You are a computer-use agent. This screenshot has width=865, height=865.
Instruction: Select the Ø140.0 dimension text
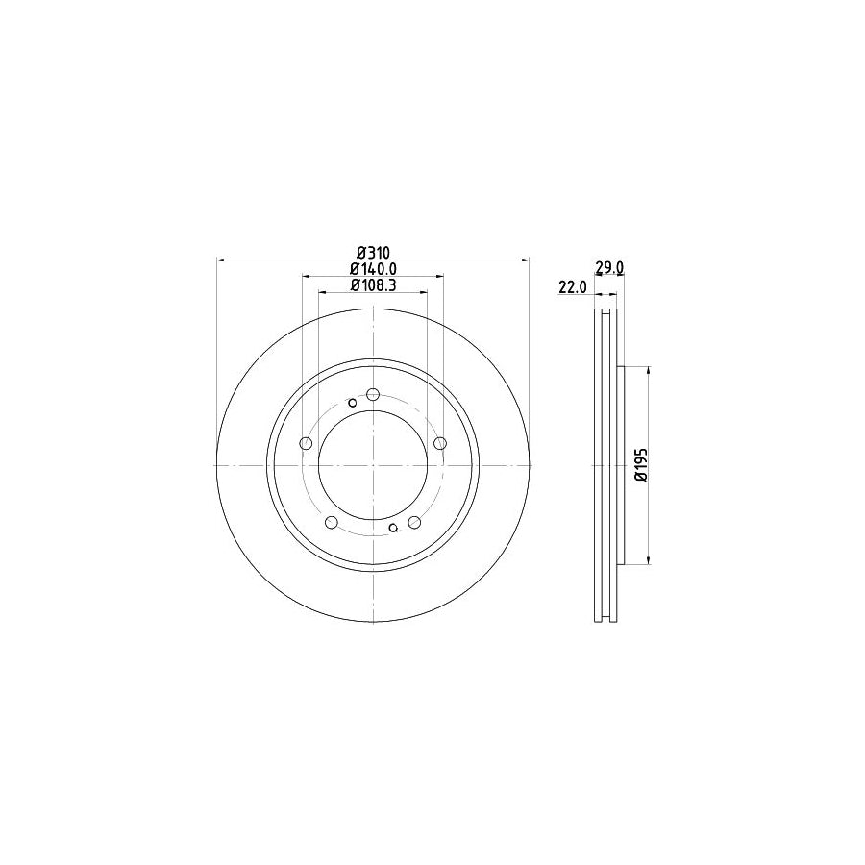(373, 268)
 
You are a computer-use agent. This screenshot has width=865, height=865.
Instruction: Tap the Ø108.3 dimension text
(373, 284)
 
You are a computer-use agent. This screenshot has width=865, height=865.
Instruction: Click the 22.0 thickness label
(571, 285)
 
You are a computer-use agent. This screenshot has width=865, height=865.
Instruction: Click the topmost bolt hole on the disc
(373, 393)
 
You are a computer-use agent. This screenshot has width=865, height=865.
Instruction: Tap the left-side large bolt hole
(306, 443)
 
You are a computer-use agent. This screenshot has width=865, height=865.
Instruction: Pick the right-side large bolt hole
(440, 443)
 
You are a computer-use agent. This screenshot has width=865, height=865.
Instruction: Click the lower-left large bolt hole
(332, 522)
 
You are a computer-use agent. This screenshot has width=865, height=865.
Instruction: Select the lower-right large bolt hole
(414, 522)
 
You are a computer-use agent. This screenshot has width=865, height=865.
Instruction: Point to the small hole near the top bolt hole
(353, 403)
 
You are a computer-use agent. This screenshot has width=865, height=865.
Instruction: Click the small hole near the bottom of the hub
(393, 527)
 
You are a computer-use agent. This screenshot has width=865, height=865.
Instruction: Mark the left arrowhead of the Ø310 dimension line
(223, 259)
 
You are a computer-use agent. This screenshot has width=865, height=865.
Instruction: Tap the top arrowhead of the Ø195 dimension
(651, 371)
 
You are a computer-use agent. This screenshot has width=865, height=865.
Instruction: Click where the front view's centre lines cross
(373, 465)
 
